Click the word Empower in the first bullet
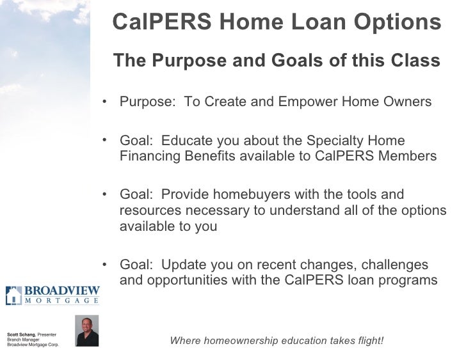(x=298, y=102)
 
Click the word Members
(x=407, y=157)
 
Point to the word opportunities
(x=186, y=280)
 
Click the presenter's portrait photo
(x=86, y=331)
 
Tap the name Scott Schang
(x=21, y=334)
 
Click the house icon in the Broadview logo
(x=13, y=295)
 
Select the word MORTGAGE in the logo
(x=61, y=301)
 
